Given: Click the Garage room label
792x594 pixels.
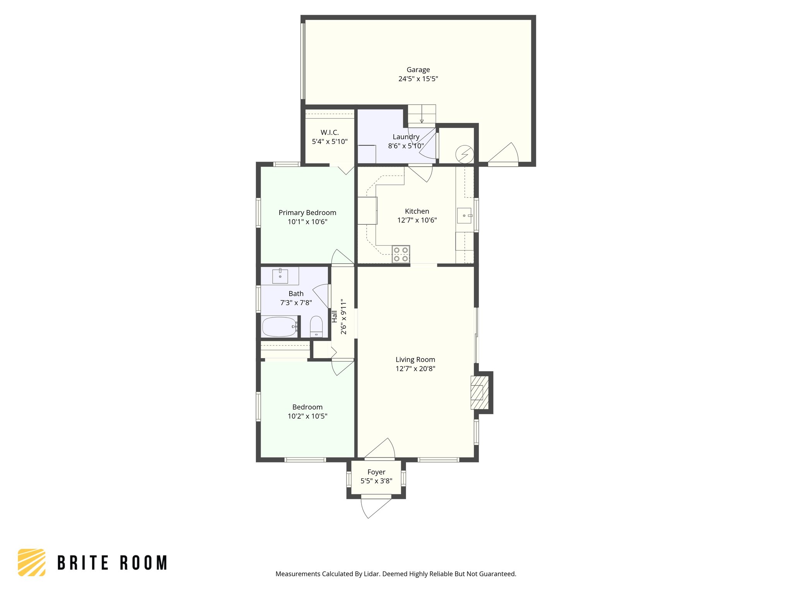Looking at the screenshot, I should (x=418, y=70).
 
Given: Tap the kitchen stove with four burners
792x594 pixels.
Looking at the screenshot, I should (x=401, y=254).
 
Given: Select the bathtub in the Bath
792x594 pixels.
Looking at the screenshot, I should (x=280, y=327).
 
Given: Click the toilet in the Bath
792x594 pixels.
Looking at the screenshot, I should (x=316, y=326).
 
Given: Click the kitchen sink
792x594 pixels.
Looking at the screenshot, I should (x=464, y=215).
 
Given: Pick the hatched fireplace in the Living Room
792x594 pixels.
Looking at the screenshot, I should (x=480, y=393).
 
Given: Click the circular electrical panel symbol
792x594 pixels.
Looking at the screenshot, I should (x=464, y=154).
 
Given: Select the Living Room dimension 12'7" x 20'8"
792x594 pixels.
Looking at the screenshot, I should (x=415, y=369).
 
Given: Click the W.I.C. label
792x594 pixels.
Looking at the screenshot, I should (x=329, y=133).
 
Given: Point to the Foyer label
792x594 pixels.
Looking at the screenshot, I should (x=376, y=472).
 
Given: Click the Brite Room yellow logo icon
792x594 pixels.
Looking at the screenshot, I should (x=32, y=562).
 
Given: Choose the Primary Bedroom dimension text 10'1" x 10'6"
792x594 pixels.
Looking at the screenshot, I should (x=307, y=222).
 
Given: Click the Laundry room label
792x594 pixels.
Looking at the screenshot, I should (x=406, y=137).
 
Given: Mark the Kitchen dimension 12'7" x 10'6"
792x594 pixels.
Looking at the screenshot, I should (x=417, y=220).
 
